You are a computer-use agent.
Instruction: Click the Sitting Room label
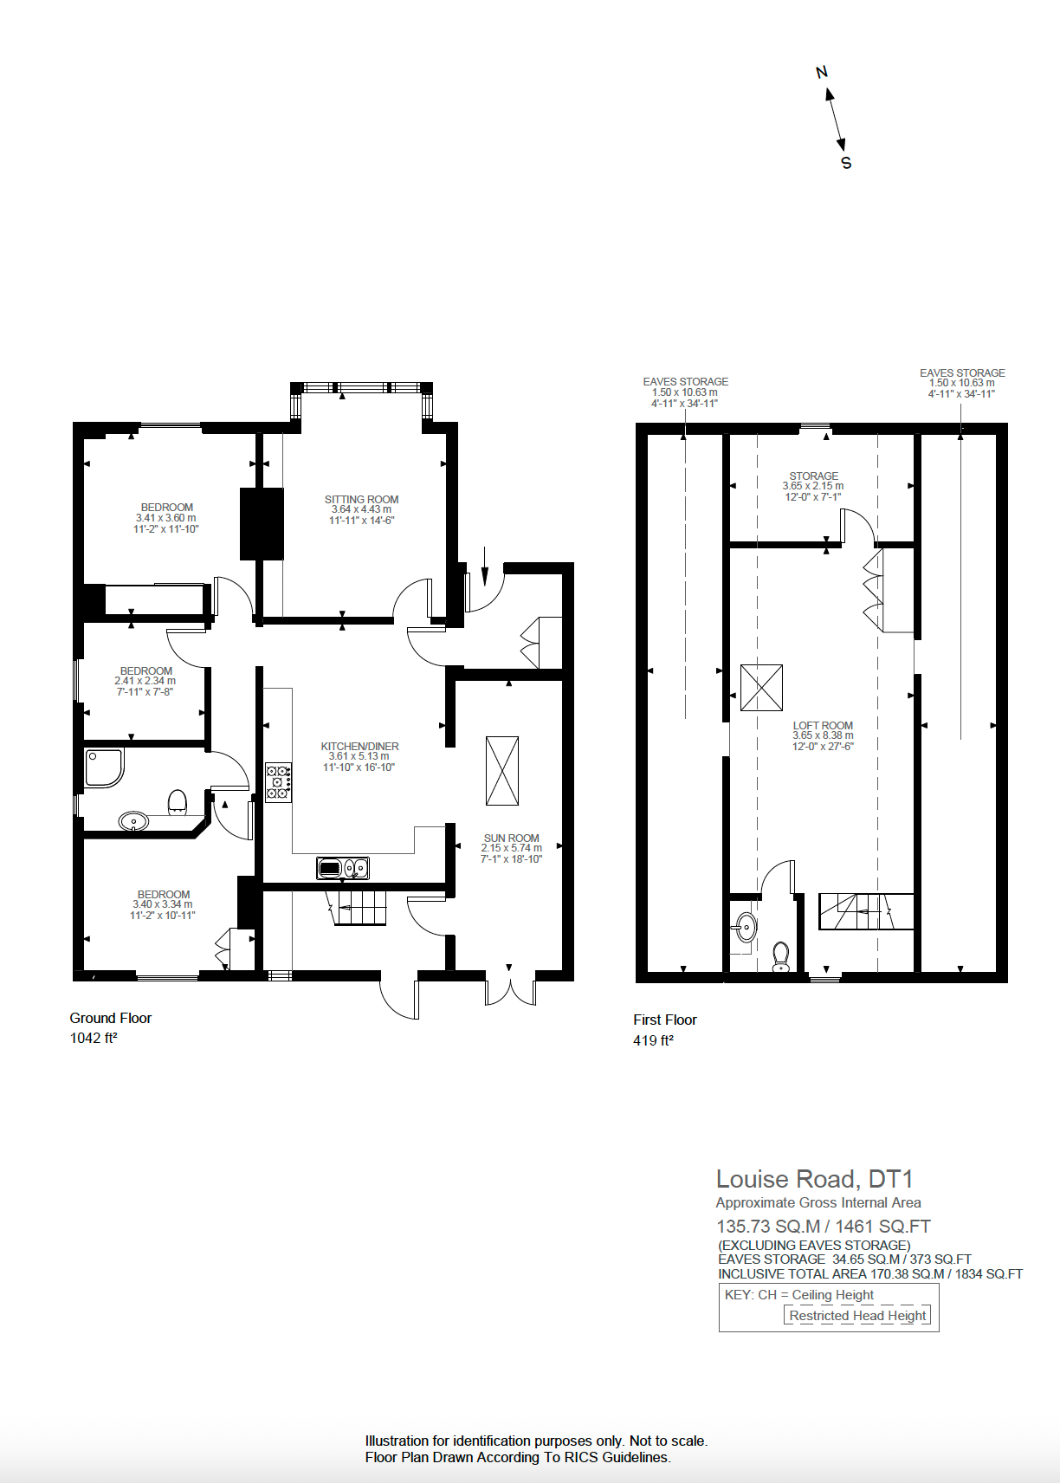click(x=361, y=500)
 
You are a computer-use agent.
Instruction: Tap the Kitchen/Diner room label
click(x=359, y=747)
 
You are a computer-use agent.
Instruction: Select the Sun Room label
click(x=511, y=839)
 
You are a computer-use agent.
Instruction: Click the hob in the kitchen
click(x=278, y=782)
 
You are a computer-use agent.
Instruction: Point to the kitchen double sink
click(x=343, y=867)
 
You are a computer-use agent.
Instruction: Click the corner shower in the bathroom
click(x=103, y=767)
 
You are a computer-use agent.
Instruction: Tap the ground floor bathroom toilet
click(x=177, y=802)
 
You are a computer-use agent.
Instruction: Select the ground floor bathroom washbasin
click(x=133, y=820)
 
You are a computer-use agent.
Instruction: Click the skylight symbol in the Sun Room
click(x=502, y=771)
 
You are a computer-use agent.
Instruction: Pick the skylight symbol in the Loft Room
click(x=761, y=688)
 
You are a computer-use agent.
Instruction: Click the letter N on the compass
click(x=822, y=73)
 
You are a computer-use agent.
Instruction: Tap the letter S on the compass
click(x=846, y=163)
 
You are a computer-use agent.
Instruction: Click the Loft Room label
click(x=823, y=726)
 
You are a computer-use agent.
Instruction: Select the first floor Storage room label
click(x=813, y=476)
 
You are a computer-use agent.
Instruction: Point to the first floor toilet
click(x=781, y=955)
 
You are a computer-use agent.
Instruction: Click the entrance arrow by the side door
click(x=484, y=565)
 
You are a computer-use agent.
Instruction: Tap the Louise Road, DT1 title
click(x=814, y=1179)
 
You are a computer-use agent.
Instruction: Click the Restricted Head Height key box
click(x=857, y=1315)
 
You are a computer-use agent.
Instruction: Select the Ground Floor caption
click(x=111, y=1019)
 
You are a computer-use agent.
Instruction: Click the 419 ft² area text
click(x=653, y=1040)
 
